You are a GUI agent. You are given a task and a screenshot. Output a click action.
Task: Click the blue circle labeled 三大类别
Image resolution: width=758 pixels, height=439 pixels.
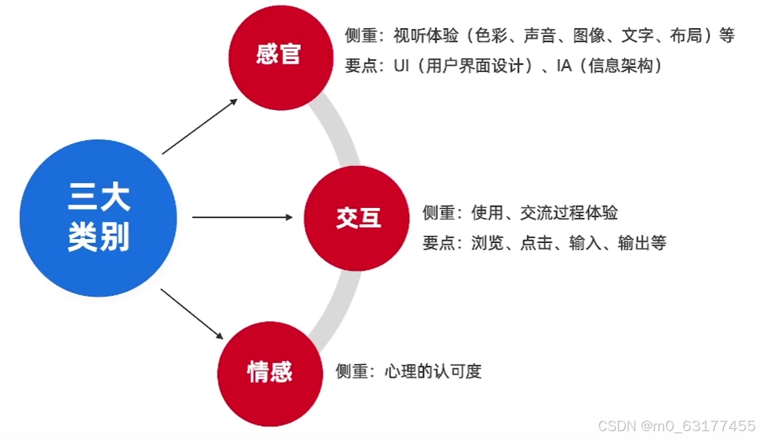(98, 218)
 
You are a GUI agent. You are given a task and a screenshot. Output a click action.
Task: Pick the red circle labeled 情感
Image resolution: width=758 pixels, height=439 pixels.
(269, 373)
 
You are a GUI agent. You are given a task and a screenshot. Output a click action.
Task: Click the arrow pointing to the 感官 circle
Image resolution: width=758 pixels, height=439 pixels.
(200, 126)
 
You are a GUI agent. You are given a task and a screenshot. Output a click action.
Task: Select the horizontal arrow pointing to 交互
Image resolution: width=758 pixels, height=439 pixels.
(242, 217)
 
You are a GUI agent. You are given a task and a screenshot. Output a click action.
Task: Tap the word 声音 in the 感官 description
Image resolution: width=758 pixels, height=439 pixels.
(540, 36)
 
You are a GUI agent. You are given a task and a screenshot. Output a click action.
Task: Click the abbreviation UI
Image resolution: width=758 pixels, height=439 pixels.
(402, 66)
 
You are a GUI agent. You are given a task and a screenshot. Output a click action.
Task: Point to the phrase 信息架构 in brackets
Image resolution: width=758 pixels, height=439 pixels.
(613, 66)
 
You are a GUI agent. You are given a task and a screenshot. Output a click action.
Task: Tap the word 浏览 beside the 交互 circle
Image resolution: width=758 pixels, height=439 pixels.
(487, 243)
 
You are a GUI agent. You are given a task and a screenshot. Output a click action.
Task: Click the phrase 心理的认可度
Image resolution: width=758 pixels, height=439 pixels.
(433, 371)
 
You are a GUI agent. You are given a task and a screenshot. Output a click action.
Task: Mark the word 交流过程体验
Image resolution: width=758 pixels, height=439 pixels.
(569, 213)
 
